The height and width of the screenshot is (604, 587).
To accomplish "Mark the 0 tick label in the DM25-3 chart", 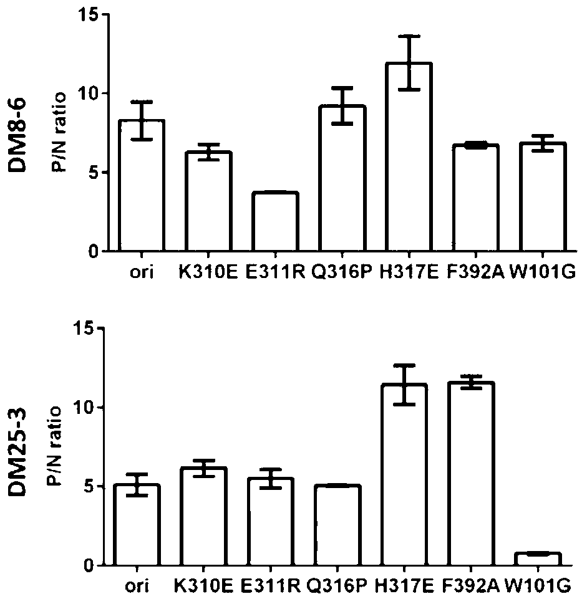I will click(x=90, y=566).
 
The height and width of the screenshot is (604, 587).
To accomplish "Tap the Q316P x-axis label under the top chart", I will click(x=341, y=273).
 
